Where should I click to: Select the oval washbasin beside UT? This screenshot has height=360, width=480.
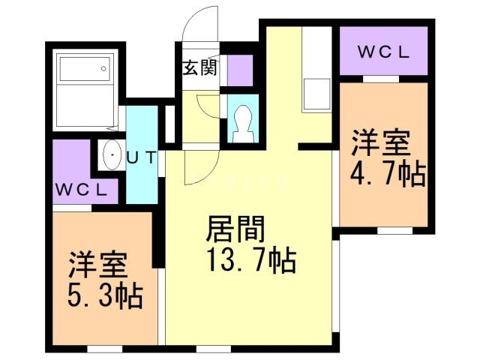point(112,155)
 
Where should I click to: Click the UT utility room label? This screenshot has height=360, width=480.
point(142,157)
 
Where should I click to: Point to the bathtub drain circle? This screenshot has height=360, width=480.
point(103,69)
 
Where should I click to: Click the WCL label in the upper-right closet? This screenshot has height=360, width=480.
point(383,52)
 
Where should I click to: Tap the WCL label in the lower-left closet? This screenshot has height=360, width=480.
point(82,190)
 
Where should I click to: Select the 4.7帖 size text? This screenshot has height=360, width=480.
point(388,174)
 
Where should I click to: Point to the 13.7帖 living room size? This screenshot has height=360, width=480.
point(252,260)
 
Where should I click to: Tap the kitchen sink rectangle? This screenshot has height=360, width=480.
point(316,94)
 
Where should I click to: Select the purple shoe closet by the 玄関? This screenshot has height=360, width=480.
point(240,70)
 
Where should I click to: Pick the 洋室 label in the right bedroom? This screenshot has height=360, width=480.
point(381,143)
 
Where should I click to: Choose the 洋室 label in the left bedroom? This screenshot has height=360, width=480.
point(98,265)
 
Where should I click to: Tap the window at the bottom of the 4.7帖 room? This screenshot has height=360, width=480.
point(395,231)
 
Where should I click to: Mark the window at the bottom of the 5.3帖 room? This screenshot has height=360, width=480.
point(105,349)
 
